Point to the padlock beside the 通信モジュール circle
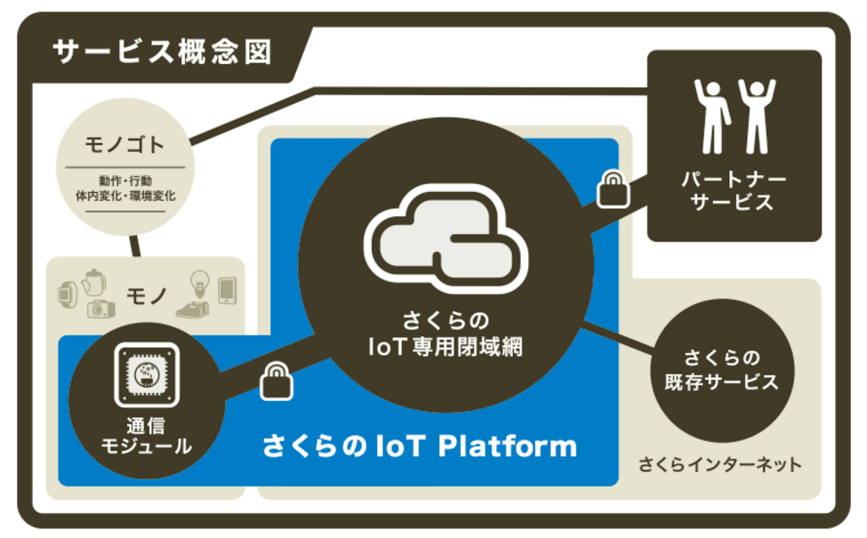point(276,381)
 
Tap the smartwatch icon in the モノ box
point(67,293)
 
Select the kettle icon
point(92,282)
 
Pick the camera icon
point(100,309)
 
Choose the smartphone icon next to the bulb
point(227,290)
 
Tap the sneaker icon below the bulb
point(194,309)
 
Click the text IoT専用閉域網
point(445,348)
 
